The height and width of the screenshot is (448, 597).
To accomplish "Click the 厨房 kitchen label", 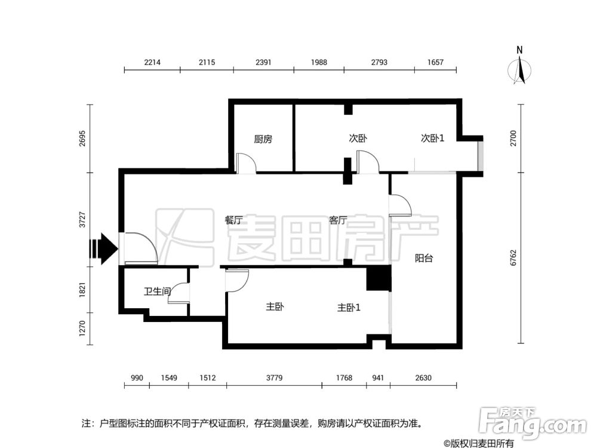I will [x=263, y=139].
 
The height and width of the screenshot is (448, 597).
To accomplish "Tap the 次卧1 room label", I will [x=433, y=138].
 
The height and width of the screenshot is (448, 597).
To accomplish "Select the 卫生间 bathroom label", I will [x=157, y=291].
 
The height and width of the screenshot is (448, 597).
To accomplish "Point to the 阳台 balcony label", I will [x=424, y=259].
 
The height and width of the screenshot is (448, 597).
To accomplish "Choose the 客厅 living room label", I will [x=338, y=220].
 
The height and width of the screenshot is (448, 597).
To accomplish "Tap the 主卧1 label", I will [x=349, y=308].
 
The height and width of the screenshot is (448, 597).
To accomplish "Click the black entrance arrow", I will [x=103, y=248].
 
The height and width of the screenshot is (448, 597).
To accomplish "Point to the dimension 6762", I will [x=530, y=258].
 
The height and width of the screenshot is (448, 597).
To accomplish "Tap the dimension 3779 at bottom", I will [x=273, y=378].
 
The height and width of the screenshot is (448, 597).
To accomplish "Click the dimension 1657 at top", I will [x=435, y=62].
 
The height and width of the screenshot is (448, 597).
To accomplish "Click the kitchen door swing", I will [x=246, y=163].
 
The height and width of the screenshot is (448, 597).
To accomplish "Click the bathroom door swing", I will [x=179, y=293].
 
